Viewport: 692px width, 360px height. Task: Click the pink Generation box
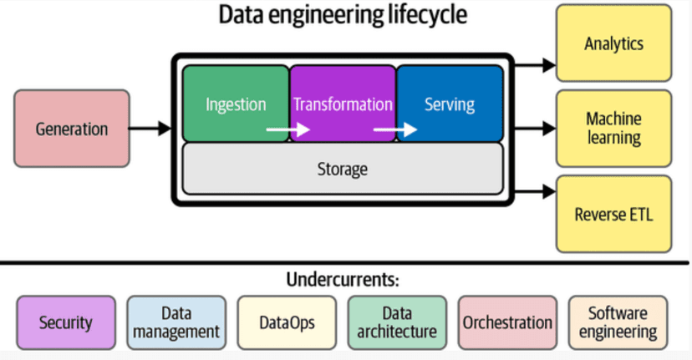(72, 129)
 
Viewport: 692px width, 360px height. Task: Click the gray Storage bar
(343, 170)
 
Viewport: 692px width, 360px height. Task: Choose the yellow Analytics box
(614, 43)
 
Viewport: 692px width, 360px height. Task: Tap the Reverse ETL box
(614, 214)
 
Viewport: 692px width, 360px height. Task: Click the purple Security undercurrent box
(65, 322)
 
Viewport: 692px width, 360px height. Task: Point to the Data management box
(176, 322)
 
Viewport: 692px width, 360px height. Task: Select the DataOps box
(287, 322)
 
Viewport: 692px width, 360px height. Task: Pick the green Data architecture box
(397, 322)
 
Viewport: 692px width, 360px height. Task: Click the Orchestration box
(507, 322)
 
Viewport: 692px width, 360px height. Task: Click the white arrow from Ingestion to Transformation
(287, 129)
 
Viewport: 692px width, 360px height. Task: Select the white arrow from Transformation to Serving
(394, 129)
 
